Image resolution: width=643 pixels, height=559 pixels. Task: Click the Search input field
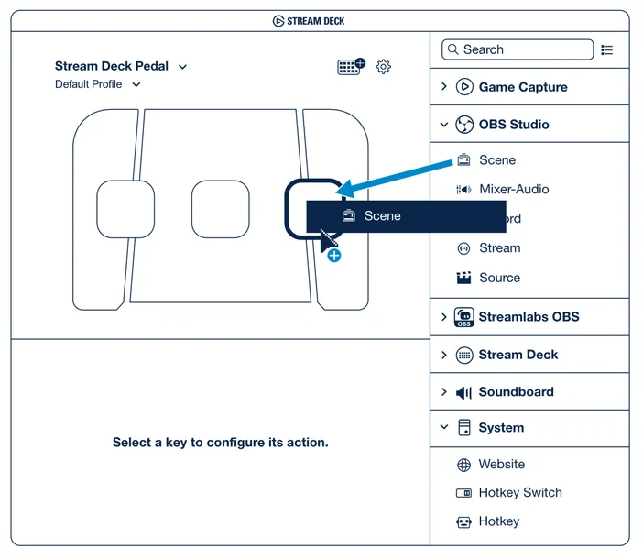pyautogui.click(x=518, y=49)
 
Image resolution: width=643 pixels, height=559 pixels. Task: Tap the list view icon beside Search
pyautogui.click(x=607, y=49)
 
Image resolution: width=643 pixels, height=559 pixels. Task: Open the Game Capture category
pyautogui.click(x=523, y=87)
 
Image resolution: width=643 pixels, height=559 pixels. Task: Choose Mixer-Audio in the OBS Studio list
pyautogui.click(x=513, y=190)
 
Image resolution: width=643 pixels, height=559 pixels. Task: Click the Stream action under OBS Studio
pyautogui.click(x=498, y=248)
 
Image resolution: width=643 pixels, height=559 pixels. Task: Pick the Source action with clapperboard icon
pyautogui.click(x=498, y=278)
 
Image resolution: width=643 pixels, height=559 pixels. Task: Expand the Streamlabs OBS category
pyautogui.click(x=528, y=317)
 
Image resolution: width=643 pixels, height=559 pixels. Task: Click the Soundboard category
pyautogui.click(x=515, y=392)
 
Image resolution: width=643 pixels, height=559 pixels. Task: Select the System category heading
pyautogui.click(x=500, y=428)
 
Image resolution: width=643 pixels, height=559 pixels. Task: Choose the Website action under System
pyautogui.click(x=500, y=465)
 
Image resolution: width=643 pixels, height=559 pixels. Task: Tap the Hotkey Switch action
pyautogui.click(x=518, y=493)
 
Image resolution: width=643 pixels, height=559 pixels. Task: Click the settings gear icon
pyautogui.click(x=384, y=66)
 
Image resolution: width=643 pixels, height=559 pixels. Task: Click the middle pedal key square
pyautogui.click(x=221, y=209)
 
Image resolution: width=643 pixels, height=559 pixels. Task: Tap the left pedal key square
pyautogui.click(x=125, y=209)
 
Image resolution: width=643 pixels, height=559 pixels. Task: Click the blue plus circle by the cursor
pyautogui.click(x=334, y=255)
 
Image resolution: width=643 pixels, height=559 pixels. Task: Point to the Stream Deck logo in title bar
pyautogui.click(x=278, y=21)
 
